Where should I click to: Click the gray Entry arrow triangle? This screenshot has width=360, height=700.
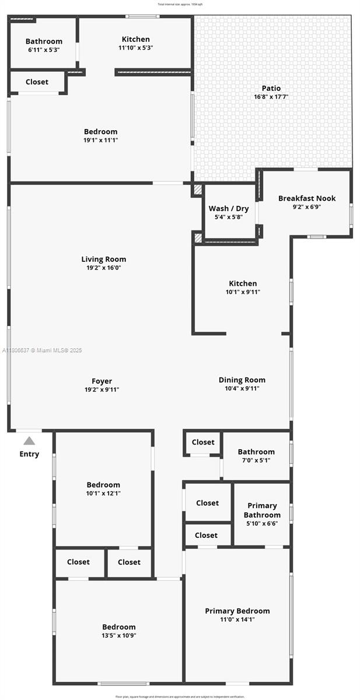coord(29,441)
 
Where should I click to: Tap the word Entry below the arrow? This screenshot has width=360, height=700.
coord(29,454)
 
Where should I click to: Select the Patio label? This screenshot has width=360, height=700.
coord(271,88)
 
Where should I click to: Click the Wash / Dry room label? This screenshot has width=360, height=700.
coord(228,208)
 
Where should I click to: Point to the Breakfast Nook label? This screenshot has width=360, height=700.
coord(306,198)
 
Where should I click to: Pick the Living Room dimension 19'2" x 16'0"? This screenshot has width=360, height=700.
coord(104,268)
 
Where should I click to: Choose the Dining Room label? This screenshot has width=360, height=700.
coord(242,380)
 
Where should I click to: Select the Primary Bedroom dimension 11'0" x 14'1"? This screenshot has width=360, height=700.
coord(237,619)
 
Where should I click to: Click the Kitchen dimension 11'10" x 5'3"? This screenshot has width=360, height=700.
coord(135,48)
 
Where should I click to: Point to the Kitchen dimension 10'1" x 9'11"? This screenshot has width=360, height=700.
coord(242,292)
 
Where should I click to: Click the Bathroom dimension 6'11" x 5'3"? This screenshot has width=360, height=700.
coord(44,50)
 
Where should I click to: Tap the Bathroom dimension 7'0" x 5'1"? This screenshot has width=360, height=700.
coord(256,460)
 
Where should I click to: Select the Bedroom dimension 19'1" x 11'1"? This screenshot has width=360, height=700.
coord(100,140)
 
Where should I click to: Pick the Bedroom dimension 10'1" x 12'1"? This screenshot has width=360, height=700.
coord(103,493)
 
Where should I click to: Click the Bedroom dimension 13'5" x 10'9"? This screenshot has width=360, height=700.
coord(118,635)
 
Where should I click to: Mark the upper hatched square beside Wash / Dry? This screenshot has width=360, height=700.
coord(197,190)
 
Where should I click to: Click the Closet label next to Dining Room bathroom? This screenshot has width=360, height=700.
coord(203,442)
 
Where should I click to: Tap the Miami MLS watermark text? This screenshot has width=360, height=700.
coord(42,351)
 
